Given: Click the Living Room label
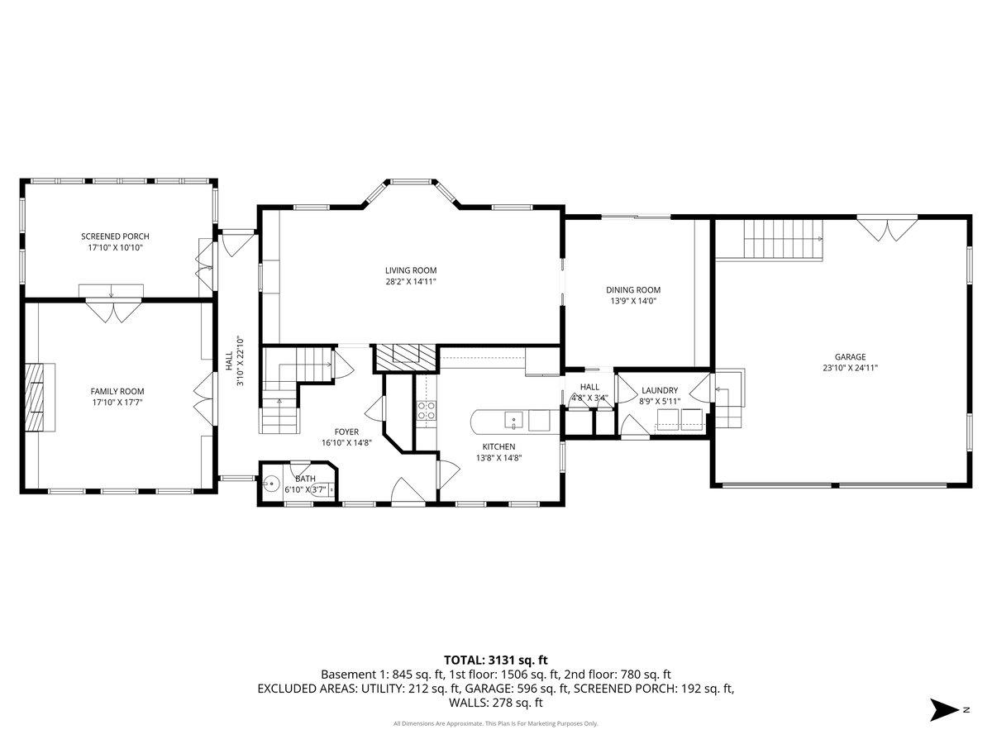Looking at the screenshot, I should [410, 270].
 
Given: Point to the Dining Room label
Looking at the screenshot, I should [633, 290].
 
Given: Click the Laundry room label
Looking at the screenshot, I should [659, 390].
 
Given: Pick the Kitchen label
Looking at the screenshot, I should [499, 446].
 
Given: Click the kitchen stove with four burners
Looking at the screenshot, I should [426, 411].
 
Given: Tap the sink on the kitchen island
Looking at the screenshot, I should [514, 421].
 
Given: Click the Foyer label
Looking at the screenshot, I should [346, 432].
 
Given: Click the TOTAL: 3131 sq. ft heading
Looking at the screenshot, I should [496, 660].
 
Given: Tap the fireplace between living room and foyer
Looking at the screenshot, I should [404, 357].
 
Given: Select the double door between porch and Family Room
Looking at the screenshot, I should [111, 312].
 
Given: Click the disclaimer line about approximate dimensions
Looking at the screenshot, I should [495, 724].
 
